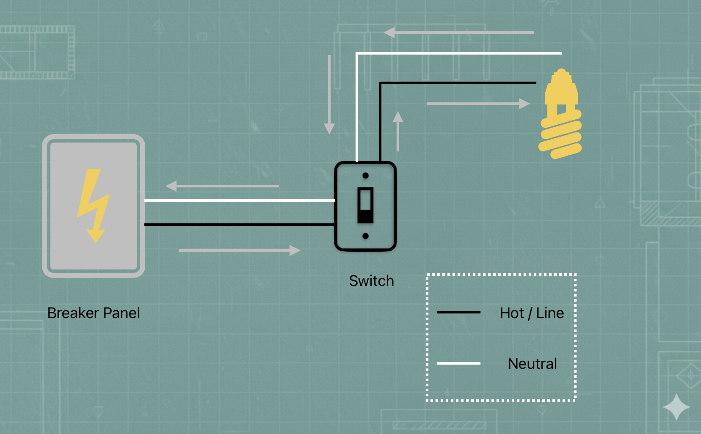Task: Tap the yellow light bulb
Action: [x=560, y=114]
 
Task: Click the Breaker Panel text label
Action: [x=94, y=313]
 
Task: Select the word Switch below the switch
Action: [x=371, y=281]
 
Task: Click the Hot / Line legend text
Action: [x=532, y=313]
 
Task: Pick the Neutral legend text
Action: [x=532, y=364]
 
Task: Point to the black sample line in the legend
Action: [x=458, y=312]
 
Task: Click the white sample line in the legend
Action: [x=458, y=363]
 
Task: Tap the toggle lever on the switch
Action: [x=365, y=205]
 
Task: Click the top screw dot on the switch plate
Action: [x=365, y=176]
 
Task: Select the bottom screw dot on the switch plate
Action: [x=365, y=236]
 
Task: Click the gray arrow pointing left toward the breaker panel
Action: [x=222, y=186]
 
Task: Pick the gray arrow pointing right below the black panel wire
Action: [x=239, y=250]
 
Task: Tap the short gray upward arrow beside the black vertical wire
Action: [x=397, y=131]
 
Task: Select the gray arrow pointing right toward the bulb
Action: [x=478, y=103]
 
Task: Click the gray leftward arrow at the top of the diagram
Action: [x=459, y=32]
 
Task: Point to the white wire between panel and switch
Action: [x=239, y=201]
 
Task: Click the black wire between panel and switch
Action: [x=239, y=225]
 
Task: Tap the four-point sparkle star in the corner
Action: [x=676, y=407]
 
